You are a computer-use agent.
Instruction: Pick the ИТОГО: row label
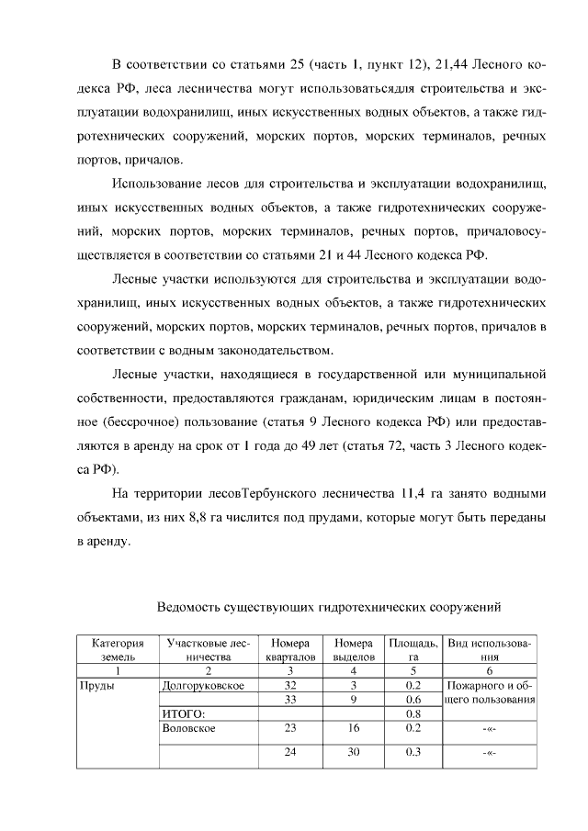pos(181,714)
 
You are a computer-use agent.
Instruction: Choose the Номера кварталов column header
pos(291,650)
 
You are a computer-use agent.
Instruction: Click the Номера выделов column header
pos(353,650)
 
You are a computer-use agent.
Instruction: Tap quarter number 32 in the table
pos(291,686)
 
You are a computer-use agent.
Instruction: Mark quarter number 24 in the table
pos(291,753)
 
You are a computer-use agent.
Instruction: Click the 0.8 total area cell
pos(413,714)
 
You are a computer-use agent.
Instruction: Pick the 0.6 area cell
pos(413,700)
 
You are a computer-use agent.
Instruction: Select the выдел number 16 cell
pos(353,728)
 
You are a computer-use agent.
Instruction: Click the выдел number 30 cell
pos(353,753)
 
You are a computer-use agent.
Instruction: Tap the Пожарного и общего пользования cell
pos(490,693)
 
